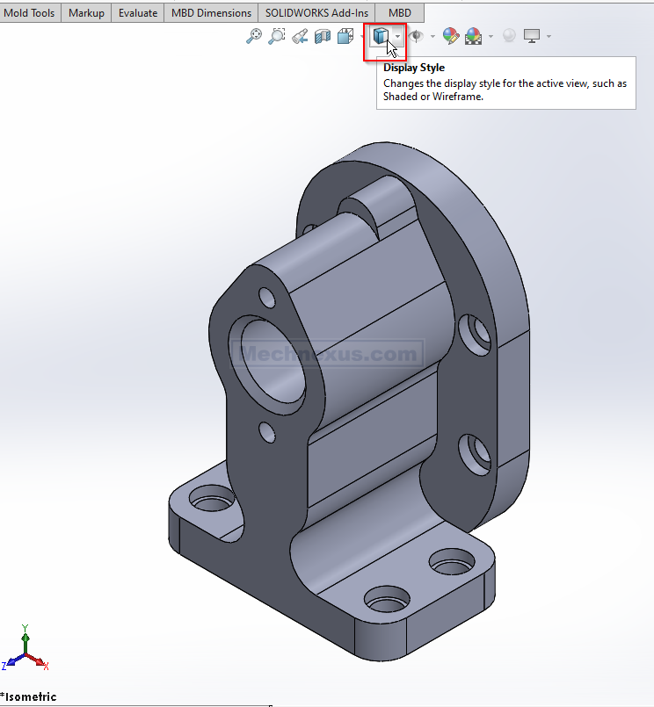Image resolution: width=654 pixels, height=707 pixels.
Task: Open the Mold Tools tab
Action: point(29,13)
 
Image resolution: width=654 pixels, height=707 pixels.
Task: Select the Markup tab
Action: point(86,13)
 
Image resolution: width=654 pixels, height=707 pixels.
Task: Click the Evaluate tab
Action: point(138,13)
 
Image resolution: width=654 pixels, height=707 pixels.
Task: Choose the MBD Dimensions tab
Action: point(211,13)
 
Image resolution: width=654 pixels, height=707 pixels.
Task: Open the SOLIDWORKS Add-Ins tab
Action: point(316,13)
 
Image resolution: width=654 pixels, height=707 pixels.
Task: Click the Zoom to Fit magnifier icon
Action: point(254,36)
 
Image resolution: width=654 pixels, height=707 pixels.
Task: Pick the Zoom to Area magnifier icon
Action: point(276,36)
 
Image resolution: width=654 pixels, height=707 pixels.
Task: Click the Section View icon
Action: point(323,36)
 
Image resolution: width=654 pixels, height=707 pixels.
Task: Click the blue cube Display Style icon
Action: point(380,36)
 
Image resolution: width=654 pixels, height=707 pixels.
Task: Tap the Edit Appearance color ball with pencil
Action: point(450,36)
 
